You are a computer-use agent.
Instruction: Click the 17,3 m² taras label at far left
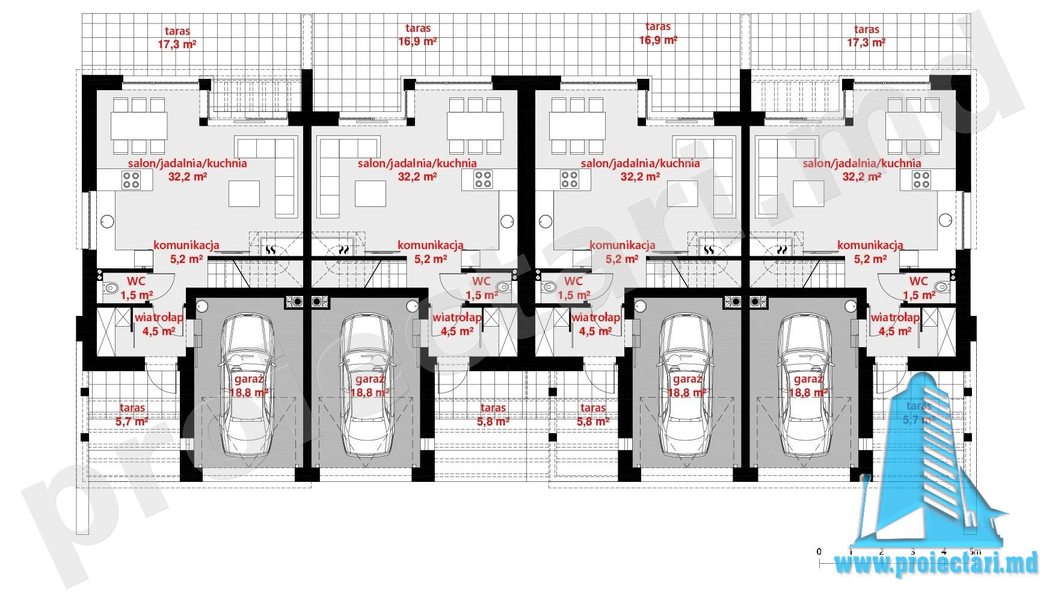[177, 37]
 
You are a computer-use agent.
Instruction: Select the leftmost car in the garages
[248, 386]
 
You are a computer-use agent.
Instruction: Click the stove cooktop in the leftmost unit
[131, 179]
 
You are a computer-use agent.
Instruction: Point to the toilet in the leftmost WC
[111, 288]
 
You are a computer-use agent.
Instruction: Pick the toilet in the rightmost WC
[942, 288]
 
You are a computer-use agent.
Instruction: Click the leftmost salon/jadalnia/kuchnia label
[188, 170]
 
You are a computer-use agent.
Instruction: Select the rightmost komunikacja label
[870, 252]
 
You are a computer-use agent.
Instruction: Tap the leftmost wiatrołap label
[159, 324]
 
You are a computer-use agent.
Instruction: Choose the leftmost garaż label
[248, 386]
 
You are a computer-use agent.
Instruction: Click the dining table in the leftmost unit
[139, 126]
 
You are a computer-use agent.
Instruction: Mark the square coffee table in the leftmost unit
[244, 194]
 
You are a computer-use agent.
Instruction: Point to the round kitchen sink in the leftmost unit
[107, 221]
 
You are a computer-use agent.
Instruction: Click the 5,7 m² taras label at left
[132, 415]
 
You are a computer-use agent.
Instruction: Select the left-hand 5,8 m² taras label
[493, 415]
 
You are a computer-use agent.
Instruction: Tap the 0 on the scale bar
[819, 551]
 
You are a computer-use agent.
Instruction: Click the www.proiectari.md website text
[937, 564]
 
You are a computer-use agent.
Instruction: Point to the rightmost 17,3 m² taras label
[866, 36]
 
